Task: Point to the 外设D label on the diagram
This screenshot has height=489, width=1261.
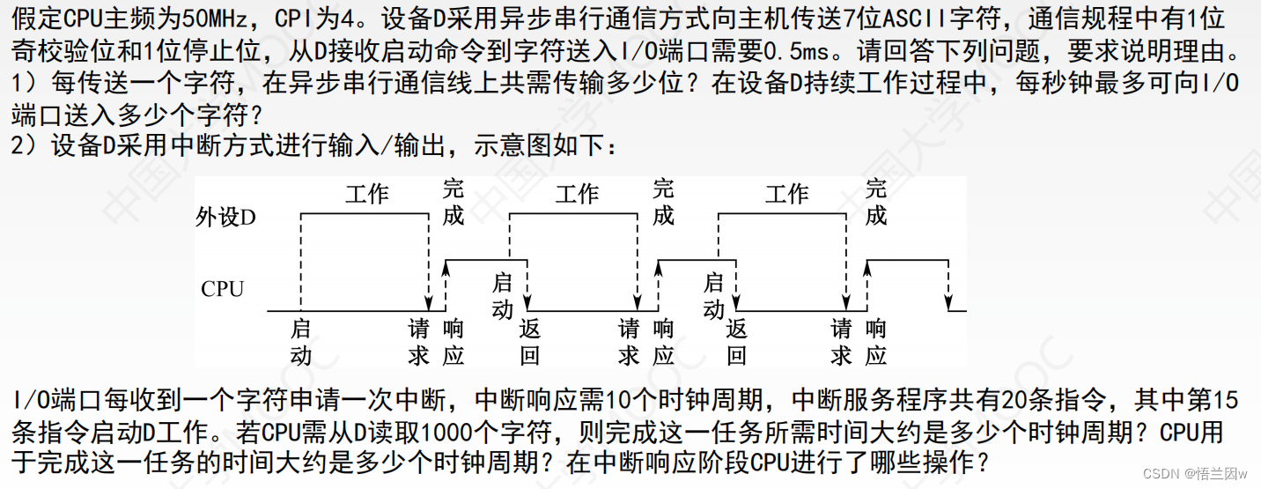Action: tap(226, 217)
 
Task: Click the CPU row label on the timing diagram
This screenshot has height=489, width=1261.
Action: tap(222, 289)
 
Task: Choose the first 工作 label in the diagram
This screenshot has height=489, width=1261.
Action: tap(366, 194)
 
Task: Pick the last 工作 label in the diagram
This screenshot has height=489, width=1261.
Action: tap(786, 194)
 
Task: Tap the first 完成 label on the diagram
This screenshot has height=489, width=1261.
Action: tap(453, 202)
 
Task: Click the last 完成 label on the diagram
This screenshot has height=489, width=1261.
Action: tap(875, 202)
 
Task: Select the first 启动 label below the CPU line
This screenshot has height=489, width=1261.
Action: tap(301, 343)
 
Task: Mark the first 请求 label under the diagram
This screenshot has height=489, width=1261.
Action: tap(418, 343)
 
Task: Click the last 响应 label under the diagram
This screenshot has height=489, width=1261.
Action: tap(875, 343)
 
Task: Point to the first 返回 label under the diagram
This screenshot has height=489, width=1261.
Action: tap(529, 343)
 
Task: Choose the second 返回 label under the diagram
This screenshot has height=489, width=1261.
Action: tap(737, 343)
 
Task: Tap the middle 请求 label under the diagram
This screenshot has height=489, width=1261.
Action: tap(629, 343)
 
